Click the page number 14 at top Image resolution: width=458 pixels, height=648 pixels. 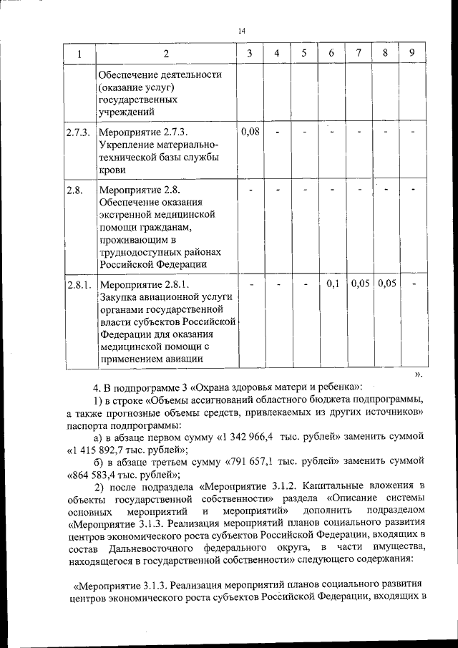coord(240,31)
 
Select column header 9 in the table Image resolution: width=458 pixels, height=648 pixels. coord(411,53)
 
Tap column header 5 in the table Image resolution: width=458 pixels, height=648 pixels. coord(303,54)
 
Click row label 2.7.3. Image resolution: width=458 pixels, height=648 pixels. coord(78,132)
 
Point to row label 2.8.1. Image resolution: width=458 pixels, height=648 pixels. coord(78,285)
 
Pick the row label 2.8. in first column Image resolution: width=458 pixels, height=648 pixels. coord(74,190)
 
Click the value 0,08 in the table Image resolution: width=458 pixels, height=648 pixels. coord(250,132)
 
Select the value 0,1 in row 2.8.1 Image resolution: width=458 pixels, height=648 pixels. coord(332,284)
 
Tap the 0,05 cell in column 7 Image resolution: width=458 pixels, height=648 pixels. coord(360,284)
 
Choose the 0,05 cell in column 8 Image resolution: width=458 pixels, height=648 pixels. coord(386,284)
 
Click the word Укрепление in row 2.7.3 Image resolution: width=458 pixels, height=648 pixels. coord(127,145)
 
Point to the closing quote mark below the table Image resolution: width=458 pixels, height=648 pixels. coord(419,374)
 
